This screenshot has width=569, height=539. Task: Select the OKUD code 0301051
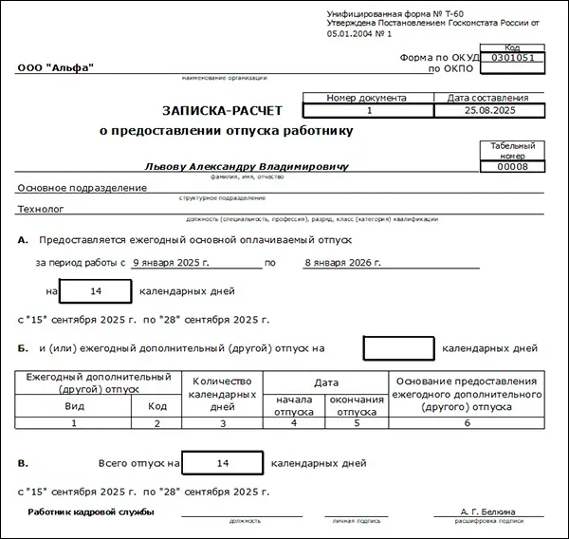coord(513,57)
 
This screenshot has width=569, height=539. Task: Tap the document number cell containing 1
coord(368,111)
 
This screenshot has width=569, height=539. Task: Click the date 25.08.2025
coord(489,111)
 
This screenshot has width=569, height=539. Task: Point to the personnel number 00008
coord(513,167)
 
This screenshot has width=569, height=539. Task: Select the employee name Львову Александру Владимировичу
coord(247,165)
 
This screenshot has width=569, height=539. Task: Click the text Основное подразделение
coord(83,188)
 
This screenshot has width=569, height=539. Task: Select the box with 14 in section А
coord(94,291)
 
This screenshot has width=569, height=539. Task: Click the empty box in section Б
coord(398,348)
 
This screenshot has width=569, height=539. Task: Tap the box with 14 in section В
coord(223,464)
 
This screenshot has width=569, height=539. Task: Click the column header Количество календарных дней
coord(222,393)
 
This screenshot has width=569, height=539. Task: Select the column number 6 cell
coord(467,424)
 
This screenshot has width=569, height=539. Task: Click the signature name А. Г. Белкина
coord(486,512)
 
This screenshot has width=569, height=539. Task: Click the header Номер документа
coord(366,97)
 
